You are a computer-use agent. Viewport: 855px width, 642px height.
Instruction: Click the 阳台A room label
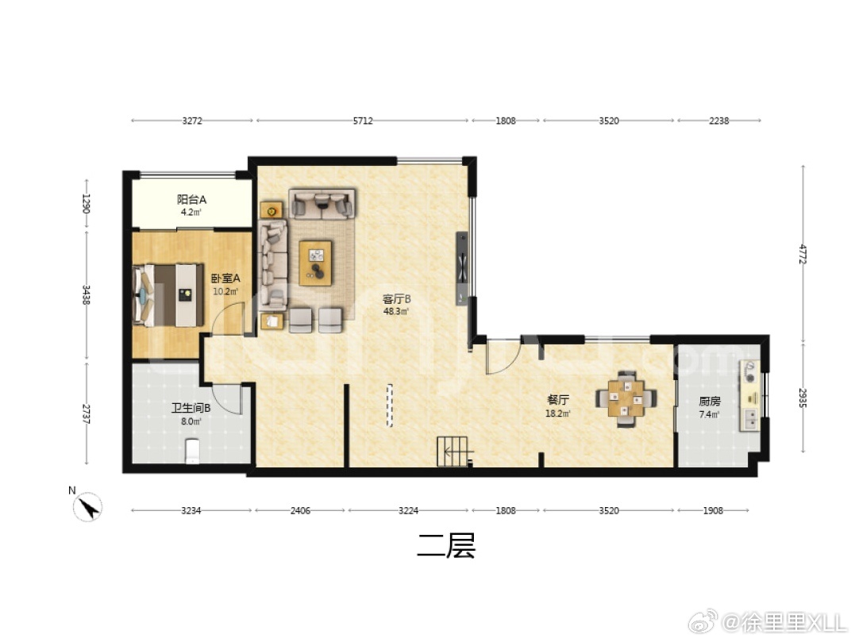tap(191, 199)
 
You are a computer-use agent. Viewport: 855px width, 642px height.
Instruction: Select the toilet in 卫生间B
tap(192, 452)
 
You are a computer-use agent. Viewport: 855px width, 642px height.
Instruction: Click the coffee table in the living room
tap(315, 263)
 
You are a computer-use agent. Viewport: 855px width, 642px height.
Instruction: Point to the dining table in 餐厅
tap(626, 398)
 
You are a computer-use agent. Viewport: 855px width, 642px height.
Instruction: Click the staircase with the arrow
tap(452, 452)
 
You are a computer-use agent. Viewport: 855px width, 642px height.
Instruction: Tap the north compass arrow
tap(88, 507)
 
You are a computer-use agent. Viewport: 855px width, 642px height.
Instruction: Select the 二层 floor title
tap(446, 545)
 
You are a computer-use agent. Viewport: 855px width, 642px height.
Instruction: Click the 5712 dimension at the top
tap(363, 121)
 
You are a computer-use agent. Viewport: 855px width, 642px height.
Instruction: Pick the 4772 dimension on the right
tap(802, 254)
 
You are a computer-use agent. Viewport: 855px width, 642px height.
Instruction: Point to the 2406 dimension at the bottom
tap(300, 510)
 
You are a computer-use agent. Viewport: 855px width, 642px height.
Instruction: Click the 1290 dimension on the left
tap(87, 203)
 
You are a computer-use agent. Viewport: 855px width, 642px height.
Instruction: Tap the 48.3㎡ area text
tap(396, 312)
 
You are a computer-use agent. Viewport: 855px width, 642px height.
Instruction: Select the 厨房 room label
tap(710, 402)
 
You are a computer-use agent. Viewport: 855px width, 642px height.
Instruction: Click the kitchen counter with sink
tap(749, 396)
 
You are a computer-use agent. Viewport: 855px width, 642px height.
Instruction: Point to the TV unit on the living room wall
tap(462, 268)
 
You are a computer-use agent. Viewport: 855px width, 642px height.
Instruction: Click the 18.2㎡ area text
tap(558, 413)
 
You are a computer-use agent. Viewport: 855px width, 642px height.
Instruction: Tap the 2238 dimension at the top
tap(718, 121)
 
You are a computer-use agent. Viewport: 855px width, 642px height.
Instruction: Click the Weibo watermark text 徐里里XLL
tap(785, 622)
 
